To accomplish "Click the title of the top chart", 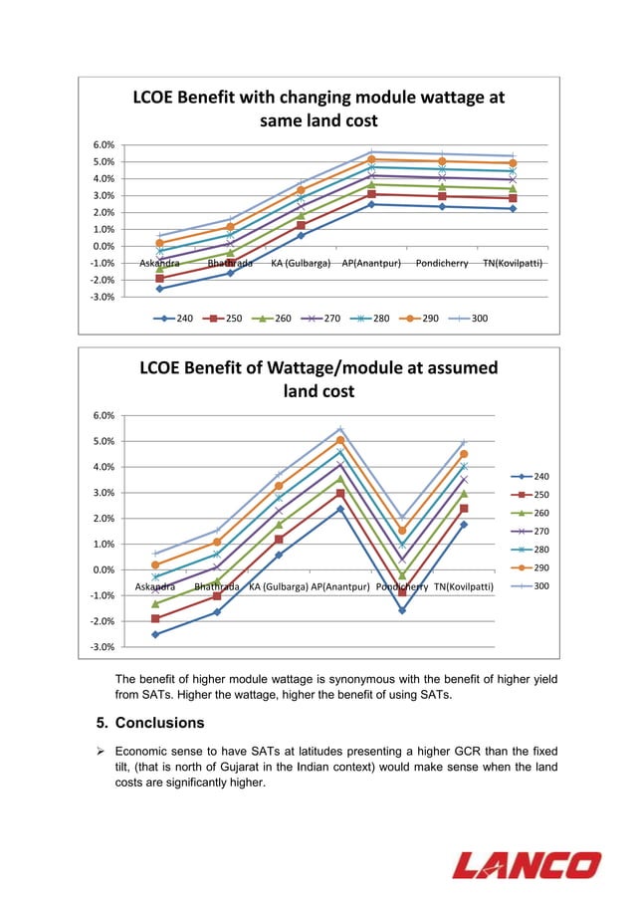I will (x=318, y=109).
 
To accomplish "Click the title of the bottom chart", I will (x=318, y=378).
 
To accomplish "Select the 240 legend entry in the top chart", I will (x=175, y=319).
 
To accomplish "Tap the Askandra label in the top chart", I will (x=159, y=264).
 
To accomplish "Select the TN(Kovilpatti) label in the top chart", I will (x=512, y=264).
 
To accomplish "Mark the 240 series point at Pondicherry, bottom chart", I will (x=402, y=610).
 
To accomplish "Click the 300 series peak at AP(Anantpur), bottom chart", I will (x=340, y=429).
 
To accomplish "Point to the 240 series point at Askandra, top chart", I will (x=159, y=289).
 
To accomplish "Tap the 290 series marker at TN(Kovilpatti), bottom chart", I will (x=464, y=454).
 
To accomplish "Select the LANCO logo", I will (x=527, y=864).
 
